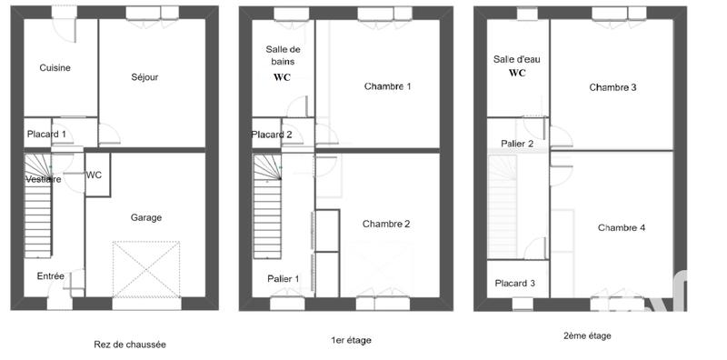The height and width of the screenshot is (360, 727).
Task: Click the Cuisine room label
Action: [x=55, y=68]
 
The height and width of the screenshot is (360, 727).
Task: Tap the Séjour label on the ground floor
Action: [x=144, y=77]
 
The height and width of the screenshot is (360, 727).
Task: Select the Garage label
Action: [x=145, y=217]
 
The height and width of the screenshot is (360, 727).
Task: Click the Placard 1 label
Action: [x=45, y=134]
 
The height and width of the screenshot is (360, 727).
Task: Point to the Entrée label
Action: [x=50, y=275]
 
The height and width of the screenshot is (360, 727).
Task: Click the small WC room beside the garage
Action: [x=94, y=175]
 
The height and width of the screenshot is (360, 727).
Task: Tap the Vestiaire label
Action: [x=43, y=180]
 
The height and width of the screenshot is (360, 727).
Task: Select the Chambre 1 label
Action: [x=388, y=87]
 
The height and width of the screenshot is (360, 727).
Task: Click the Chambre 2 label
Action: [x=386, y=224]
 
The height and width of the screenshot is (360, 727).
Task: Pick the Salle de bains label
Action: [x=283, y=55]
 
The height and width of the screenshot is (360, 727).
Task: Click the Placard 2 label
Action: [x=272, y=135]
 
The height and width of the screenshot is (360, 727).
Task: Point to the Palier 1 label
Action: [x=290, y=278]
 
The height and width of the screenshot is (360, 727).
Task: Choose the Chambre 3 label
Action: [x=612, y=87]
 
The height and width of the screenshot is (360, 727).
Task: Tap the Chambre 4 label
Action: [x=622, y=227]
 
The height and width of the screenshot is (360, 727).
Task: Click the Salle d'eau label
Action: [x=517, y=59]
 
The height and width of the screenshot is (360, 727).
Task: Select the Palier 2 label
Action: [x=517, y=144]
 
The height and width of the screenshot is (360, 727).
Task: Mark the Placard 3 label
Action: [x=515, y=284]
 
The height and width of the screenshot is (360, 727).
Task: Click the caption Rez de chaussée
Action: [x=130, y=345]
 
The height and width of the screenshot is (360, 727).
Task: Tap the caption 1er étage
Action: [x=351, y=340]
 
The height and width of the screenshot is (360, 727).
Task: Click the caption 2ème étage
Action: [x=587, y=335]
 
